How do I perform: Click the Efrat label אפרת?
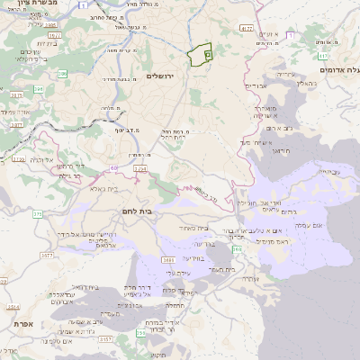pos(22,322)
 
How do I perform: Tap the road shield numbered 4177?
pos(247,29)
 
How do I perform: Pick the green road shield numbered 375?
pos(37,213)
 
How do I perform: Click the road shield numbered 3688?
pos(169,261)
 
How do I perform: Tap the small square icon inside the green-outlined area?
pos(207,55)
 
